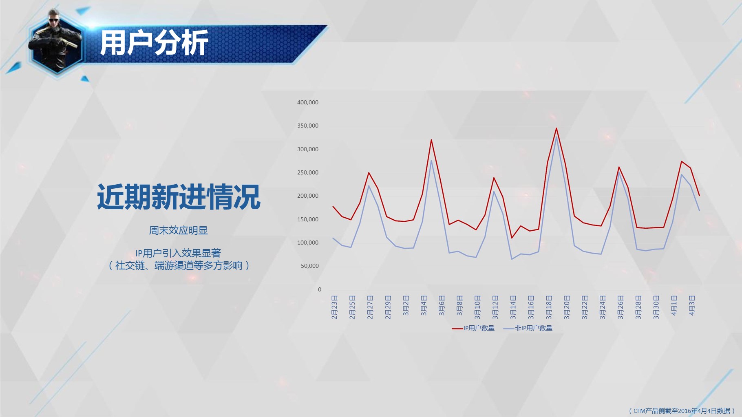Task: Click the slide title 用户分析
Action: pyautogui.click(x=154, y=42)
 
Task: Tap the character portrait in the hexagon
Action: pyautogui.click(x=56, y=41)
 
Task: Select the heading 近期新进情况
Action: pyautogui.click(x=179, y=197)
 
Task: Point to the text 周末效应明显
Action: pyautogui.click(x=178, y=231)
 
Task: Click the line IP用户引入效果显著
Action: pyautogui.click(x=178, y=253)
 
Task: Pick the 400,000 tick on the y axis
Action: pyautogui.click(x=308, y=102)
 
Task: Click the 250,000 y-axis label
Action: pyautogui.click(x=308, y=172)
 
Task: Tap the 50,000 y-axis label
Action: pyautogui.click(x=309, y=266)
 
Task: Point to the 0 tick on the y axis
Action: pyautogui.click(x=320, y=289)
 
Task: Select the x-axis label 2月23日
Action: pyautogui.click(x=334, y=307)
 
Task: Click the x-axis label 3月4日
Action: pyautogui.click(x=424, y=306)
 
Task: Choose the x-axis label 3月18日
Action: pyautogui.click(x=549, y=307)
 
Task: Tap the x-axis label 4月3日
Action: pyautogui.click(x=692, y=306)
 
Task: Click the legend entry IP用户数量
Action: pyautogui.click(x=473, y=328)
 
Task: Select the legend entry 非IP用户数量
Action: pyautogui.click(x=528, y=328)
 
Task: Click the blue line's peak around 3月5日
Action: pyautogui.click(x=431, y=160)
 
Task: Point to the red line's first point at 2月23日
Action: pyautogui.click(x=333, y=207)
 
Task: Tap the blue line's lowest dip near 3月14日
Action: pyautogui.click(x=512, y=259)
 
